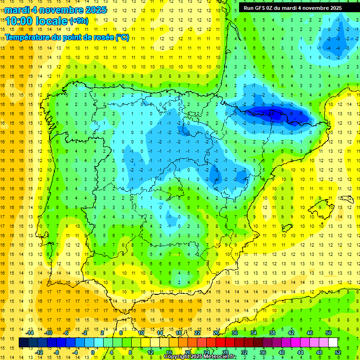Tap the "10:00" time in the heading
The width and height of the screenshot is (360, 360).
click(x=19, y=21)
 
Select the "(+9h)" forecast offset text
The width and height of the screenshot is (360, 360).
click(x=78, y=21)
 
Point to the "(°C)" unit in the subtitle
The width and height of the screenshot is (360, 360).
click(x=122, y=37)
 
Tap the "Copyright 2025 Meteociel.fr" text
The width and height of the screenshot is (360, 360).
click(x=200, y=357)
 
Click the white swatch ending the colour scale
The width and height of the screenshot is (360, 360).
click(x=333, y=343)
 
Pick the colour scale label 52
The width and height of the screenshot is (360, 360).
click(x=337, y=352)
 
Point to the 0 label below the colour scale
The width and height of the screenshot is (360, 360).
click(x=93, y=352)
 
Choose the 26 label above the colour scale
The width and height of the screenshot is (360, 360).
click(x=216, y=333)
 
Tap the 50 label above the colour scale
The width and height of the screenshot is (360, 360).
click(x=328, y=333)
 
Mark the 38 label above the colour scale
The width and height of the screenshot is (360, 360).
click(x=272, y=333)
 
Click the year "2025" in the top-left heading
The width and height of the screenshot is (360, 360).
click(x=93, y=10)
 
